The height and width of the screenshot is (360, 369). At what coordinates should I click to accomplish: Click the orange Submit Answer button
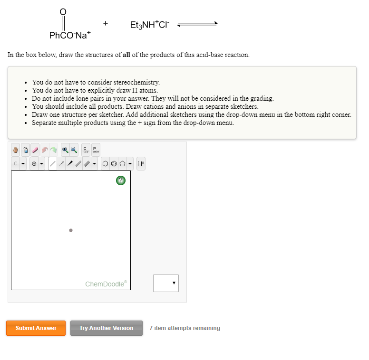click(x=36, y=328)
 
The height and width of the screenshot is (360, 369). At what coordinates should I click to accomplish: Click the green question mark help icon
click(x=121, y=180)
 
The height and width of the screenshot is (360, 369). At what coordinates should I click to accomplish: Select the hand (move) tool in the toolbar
click(x=15, y=150)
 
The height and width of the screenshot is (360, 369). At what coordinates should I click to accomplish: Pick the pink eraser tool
click(x=35, y=150)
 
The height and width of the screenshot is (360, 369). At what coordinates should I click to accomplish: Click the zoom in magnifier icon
click(x=65, y=150)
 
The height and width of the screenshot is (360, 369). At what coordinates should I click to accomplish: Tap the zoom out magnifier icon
click(x=74, y=150)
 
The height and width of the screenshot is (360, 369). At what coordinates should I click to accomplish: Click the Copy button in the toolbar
click(x=86, y=150)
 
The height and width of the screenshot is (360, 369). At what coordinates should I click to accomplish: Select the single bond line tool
click(x=53, y=164)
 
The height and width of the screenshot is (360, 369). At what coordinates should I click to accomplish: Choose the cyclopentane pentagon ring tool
click(x=122, y=164)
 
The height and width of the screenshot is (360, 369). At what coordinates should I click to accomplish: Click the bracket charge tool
click(x=141, y=164)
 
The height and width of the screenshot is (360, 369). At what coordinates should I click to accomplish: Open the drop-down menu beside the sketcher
click(x=166, y=283)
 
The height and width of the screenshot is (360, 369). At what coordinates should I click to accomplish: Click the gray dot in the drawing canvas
click(x=71, y=230)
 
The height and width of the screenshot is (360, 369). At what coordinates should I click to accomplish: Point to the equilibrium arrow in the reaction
click(x=197, y=24)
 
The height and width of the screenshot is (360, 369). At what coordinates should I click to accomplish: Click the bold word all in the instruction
click(x=126, y=55)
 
